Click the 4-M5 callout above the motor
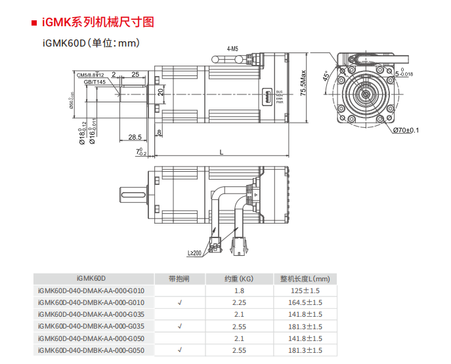coord(232,49)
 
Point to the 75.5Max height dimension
coord(303,83)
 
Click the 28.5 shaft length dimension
coord(135,137)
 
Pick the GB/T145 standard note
coord(95,83)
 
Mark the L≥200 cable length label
coord(195,253)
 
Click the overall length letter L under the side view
coord(221,152)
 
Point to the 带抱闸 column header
coord(179,278)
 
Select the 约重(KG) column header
coord(239,278)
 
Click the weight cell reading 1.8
coord(239,291)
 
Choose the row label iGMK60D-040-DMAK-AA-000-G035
coord(91,314)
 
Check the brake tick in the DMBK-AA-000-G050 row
coord(179,350)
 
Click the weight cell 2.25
coord(239,302)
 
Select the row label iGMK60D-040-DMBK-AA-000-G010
coord(91,302)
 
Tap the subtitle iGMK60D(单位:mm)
coord(91,43)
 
